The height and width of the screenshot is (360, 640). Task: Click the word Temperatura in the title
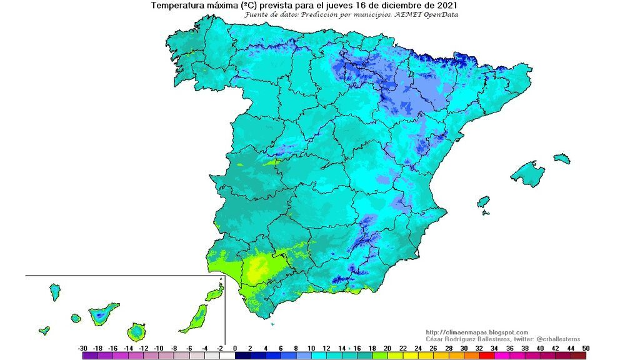[x=178, y=6]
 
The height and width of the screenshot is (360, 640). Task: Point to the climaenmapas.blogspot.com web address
[x=477, y=332]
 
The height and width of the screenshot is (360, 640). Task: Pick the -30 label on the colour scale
[x=82, y=347]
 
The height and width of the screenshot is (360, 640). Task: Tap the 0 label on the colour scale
[x=235, y=347]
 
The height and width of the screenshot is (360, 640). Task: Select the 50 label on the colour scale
[x=586, y=347]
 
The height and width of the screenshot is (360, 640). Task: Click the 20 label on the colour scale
[x=387, y=347]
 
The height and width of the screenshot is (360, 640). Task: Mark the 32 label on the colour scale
[x=479, y=347]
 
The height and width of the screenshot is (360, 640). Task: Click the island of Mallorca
[x=526, y=174]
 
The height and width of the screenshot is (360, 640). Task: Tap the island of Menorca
[x=562, y=159]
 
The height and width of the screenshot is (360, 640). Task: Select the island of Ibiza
[x=483, y=202]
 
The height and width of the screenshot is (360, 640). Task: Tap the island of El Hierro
[x=44, y=330]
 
